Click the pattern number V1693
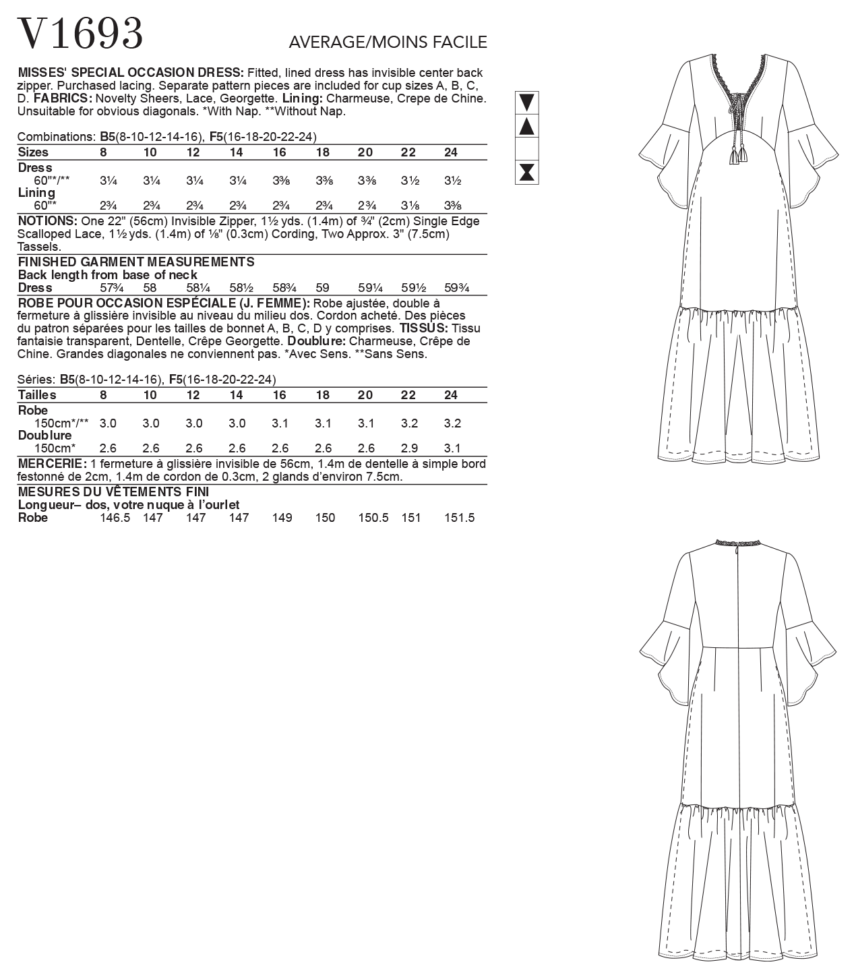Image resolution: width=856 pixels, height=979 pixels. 80,33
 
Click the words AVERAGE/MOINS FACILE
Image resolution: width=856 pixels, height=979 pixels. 388,42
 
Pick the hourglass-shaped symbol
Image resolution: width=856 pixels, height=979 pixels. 527,172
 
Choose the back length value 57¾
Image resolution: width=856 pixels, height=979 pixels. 107,288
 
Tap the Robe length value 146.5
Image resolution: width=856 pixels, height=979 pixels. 114,518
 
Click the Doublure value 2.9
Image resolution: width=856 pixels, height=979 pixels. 408,448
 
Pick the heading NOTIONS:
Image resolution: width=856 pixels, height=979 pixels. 47,221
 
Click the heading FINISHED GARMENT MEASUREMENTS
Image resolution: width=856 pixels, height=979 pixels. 136,262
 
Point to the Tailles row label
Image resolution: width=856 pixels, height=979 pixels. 37,395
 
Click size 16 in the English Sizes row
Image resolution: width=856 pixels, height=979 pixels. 279,152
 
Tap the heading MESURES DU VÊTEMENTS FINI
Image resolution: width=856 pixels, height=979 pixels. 113,492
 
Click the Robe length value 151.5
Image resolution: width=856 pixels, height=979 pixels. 460,518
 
